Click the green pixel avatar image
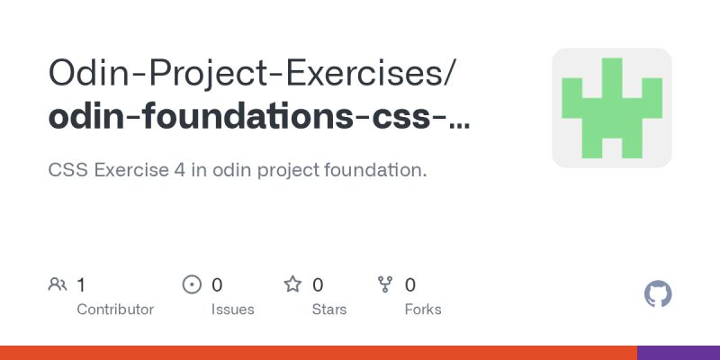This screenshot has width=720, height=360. coord(612,108)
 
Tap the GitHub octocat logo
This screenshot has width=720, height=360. coord(659,294)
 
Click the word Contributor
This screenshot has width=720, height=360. coord(115,310)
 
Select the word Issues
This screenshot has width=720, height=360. coord(231,310)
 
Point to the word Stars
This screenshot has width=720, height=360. coord(329,310)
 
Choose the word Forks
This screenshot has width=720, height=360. coord(423,310)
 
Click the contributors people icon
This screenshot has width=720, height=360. coord(58,285)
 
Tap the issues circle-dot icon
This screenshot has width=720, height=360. coord(192,285)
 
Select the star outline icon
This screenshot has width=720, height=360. coord(292,285)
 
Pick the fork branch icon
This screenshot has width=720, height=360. coord(385,285)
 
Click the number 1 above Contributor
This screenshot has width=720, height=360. coord(81,285)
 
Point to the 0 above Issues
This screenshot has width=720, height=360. coord(217,285)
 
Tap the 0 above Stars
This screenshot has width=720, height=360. coord(318,285)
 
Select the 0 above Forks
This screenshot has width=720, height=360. coord(410,285)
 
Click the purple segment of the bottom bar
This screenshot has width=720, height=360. coord(679,353)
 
